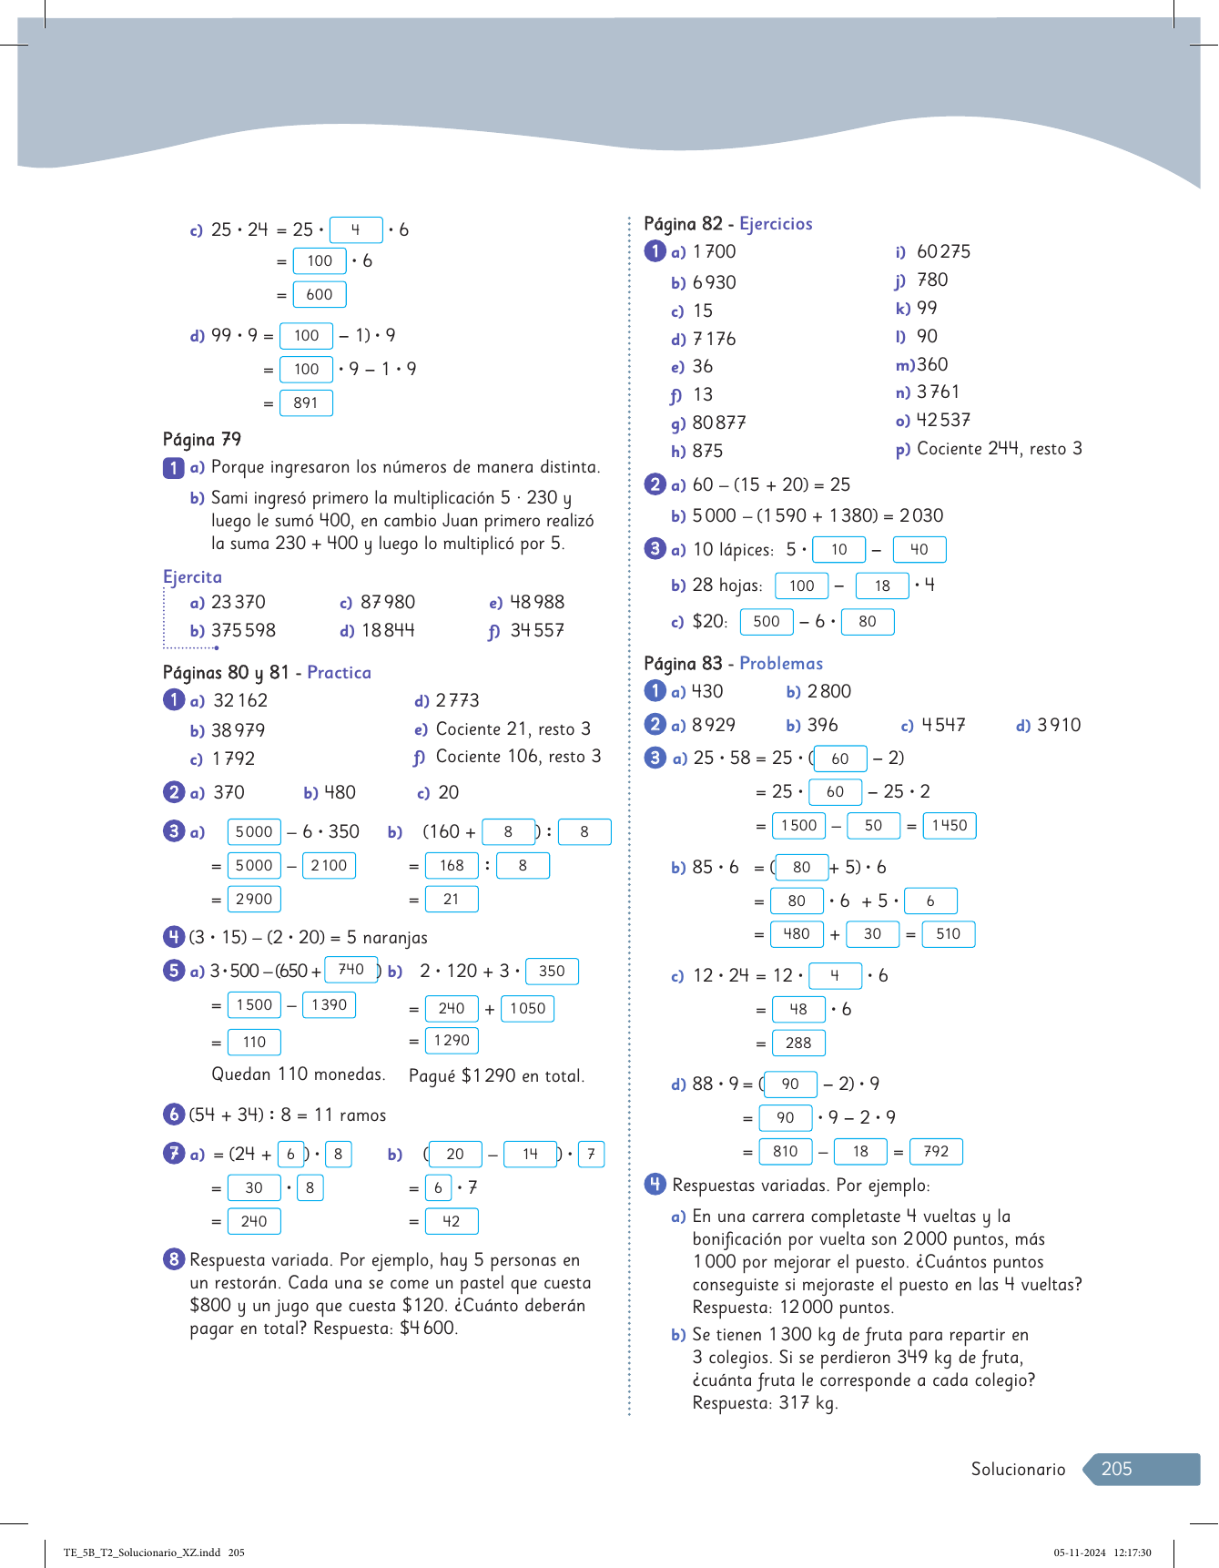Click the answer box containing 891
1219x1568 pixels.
pos(306,402)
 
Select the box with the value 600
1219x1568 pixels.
pos(319,294)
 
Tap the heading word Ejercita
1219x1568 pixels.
pos(192,576)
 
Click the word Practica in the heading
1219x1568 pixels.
pos(339,672)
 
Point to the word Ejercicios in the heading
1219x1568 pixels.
pos(776,223)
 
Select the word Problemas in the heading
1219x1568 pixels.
pos(781,663)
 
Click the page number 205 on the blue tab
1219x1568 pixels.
pos(1116,1469)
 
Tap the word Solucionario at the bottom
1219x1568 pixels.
pos(1018,1469)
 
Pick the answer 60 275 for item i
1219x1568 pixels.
pos(943,251)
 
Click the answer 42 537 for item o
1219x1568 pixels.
pos(943,420)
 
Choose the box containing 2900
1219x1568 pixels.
pos(254,899)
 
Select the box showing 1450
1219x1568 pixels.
pos(949,825)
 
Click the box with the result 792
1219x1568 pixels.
pos(936,1151)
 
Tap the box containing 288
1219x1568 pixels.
pos(798,1043)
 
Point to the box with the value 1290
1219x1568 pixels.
pos(452,1040)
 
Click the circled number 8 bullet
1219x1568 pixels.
pos(174,1259)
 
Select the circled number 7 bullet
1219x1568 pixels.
pos(174,1154)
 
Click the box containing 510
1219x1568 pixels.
pos(948,933)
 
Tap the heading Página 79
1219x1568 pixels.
pos(202,439)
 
